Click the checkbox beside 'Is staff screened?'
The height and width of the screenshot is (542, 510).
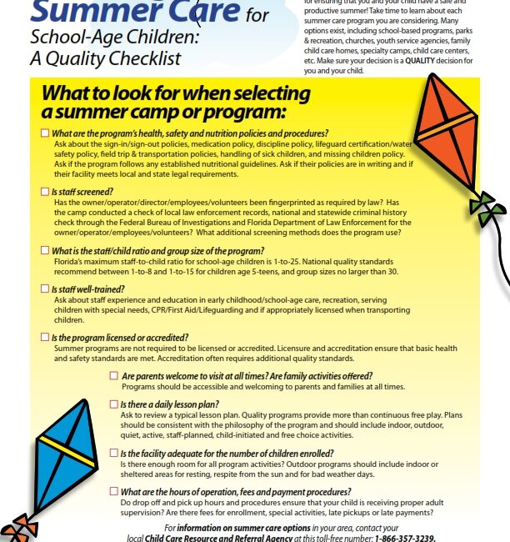(x=45, y=192)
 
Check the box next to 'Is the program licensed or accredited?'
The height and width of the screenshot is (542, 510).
(x=45, y=337)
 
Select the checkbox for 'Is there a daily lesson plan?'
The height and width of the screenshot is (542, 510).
(x=112, y=404)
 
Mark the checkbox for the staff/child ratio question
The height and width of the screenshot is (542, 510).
(x=45, y=249)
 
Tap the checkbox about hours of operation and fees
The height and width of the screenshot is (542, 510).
(x=112, y=492)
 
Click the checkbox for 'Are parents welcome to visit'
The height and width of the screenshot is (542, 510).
(x=112, y=376)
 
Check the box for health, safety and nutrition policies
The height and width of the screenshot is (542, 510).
(x=45, y=133)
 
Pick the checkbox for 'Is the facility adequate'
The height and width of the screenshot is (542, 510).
(x=112, y=453)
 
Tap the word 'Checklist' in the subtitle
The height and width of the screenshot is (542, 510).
(x=149, y=59)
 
